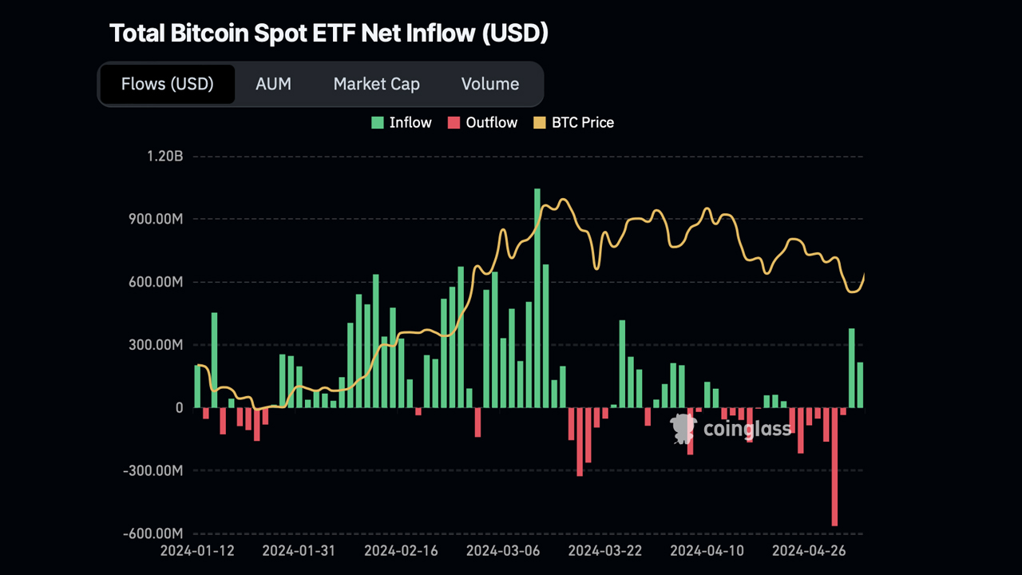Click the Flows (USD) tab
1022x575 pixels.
point(167,84)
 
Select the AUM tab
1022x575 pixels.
point(273,84)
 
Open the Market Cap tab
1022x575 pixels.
point(376,84)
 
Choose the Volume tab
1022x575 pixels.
point(489,84)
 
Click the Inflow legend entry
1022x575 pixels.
point(402,122)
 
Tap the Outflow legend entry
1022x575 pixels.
point(482,122)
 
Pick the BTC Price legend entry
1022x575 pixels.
point(573,122)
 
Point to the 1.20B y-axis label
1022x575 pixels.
point(164,157)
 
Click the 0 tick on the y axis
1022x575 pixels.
point(179,408)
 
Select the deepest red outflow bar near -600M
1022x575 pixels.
point(835,467)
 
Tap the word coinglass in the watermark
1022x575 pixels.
point(747,430)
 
